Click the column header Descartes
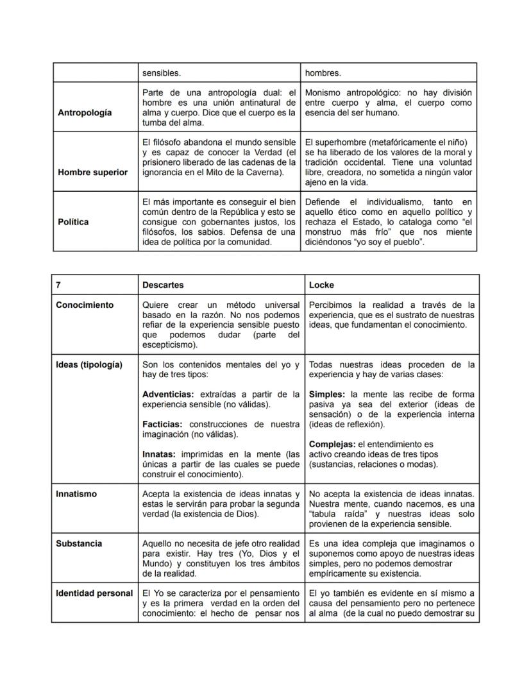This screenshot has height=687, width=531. click(163, 285)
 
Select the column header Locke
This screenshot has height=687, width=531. click(321, 285)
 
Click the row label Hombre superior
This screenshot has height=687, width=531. click(92, 172)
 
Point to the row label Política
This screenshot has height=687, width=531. click(72, 221)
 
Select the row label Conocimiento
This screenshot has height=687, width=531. click(85, 305)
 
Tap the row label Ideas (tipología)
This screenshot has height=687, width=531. click(89, 364)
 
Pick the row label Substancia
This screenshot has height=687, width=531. click(79, 543)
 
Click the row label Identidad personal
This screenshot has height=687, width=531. click(94, 593)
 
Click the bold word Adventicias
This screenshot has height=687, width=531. click(169, 394)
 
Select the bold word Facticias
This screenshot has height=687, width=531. click(162, 424)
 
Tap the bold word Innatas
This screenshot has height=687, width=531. click(158, 454)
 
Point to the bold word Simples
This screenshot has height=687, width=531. click(328, 394)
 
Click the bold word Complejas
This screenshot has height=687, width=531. click(332, 444)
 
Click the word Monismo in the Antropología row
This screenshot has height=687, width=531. click(324, 93)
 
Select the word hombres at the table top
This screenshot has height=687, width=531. click(323, 73)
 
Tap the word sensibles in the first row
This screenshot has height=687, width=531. click(161, 73)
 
